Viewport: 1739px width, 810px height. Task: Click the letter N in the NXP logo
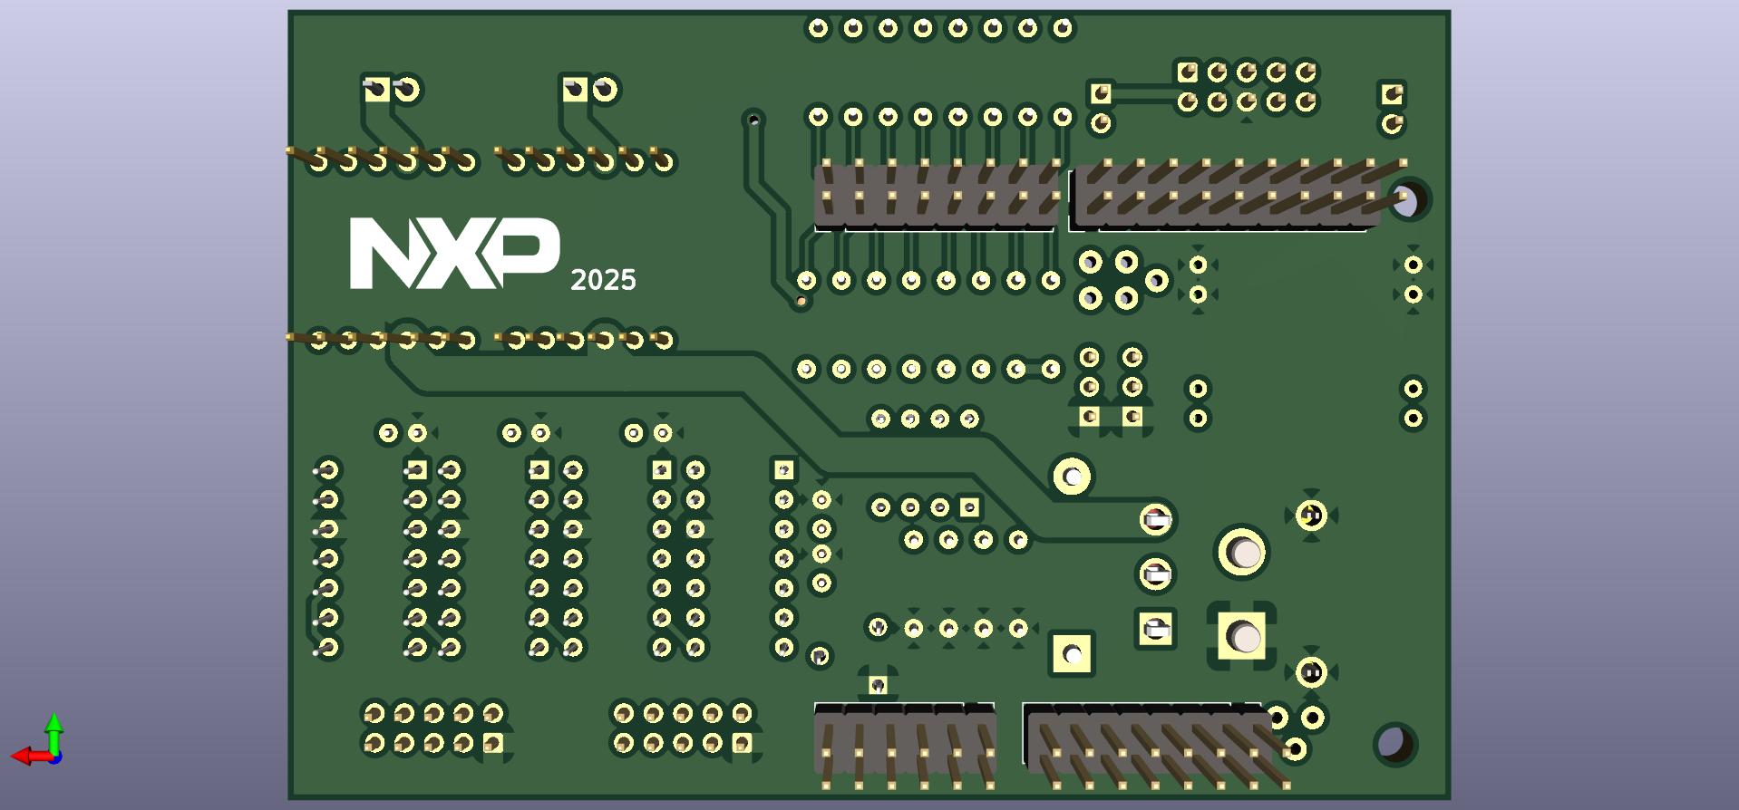(384, 253)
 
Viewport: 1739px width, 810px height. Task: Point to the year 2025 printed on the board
(603, 280)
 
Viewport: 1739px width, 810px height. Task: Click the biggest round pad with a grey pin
(1242, 552)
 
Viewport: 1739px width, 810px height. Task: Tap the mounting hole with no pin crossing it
(1394, 743)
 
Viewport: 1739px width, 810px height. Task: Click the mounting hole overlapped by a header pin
(1406, 199)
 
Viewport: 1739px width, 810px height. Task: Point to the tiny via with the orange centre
(801, 301)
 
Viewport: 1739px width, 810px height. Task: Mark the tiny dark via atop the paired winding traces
(753, 118)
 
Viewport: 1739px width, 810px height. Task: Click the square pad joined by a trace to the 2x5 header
(1101, 92)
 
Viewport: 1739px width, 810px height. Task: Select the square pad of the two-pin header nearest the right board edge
(1392, 93)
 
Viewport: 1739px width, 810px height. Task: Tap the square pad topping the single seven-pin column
(783, 470)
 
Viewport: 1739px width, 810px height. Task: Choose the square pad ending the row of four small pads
(969, 507)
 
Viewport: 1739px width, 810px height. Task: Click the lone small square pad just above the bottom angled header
(878, 685)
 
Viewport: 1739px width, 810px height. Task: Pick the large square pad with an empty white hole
(1072, 653)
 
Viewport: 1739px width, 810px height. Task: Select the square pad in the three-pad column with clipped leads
(1155, 628)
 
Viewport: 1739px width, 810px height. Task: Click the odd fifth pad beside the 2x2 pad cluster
(1157, 280)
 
